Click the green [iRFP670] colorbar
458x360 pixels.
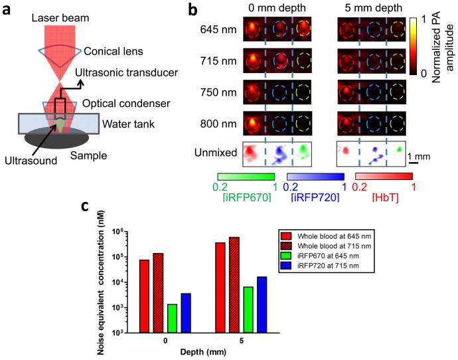(246, 176)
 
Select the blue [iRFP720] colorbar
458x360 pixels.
(315, 176)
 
